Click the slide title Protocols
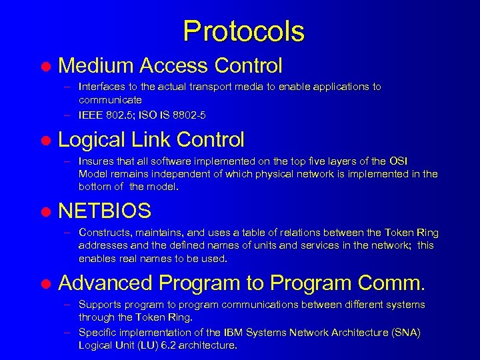click(x=243, y=31)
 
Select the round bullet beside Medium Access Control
click(x=45, y=67)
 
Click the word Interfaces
click(x=101, y=87)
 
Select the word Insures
click(x=96, y=161)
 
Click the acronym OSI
click(x=397, y=161)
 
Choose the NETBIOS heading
click(x=105, y=211)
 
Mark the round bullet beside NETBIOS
click(x=45, y=213)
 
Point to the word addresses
click(x=101, y=246)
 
